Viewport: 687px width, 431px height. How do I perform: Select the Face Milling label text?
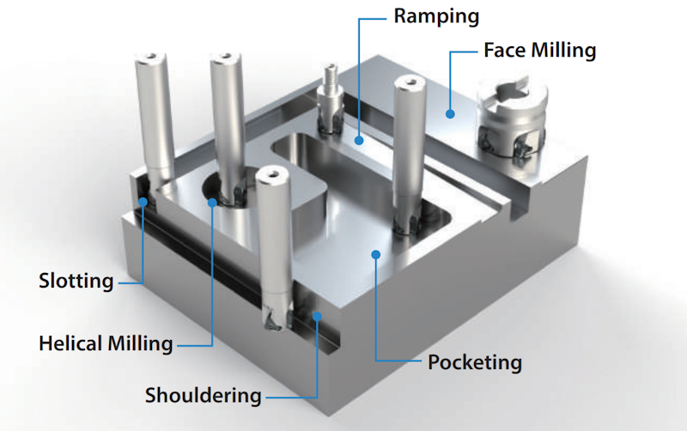tap(539, 50)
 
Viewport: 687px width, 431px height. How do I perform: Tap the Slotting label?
tap(76, 281)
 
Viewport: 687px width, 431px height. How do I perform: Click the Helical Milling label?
tap(106, 343)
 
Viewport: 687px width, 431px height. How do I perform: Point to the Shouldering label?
tap(203, 396)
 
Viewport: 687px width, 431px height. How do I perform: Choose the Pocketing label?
tap(474, 361)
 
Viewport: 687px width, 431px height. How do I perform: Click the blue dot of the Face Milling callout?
tap(450, 111)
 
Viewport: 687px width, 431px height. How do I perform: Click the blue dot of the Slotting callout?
tap(143, 202)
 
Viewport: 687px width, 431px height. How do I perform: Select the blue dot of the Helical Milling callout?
tap(212, 203)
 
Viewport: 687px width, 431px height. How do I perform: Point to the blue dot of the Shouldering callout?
tap(318, 316)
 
